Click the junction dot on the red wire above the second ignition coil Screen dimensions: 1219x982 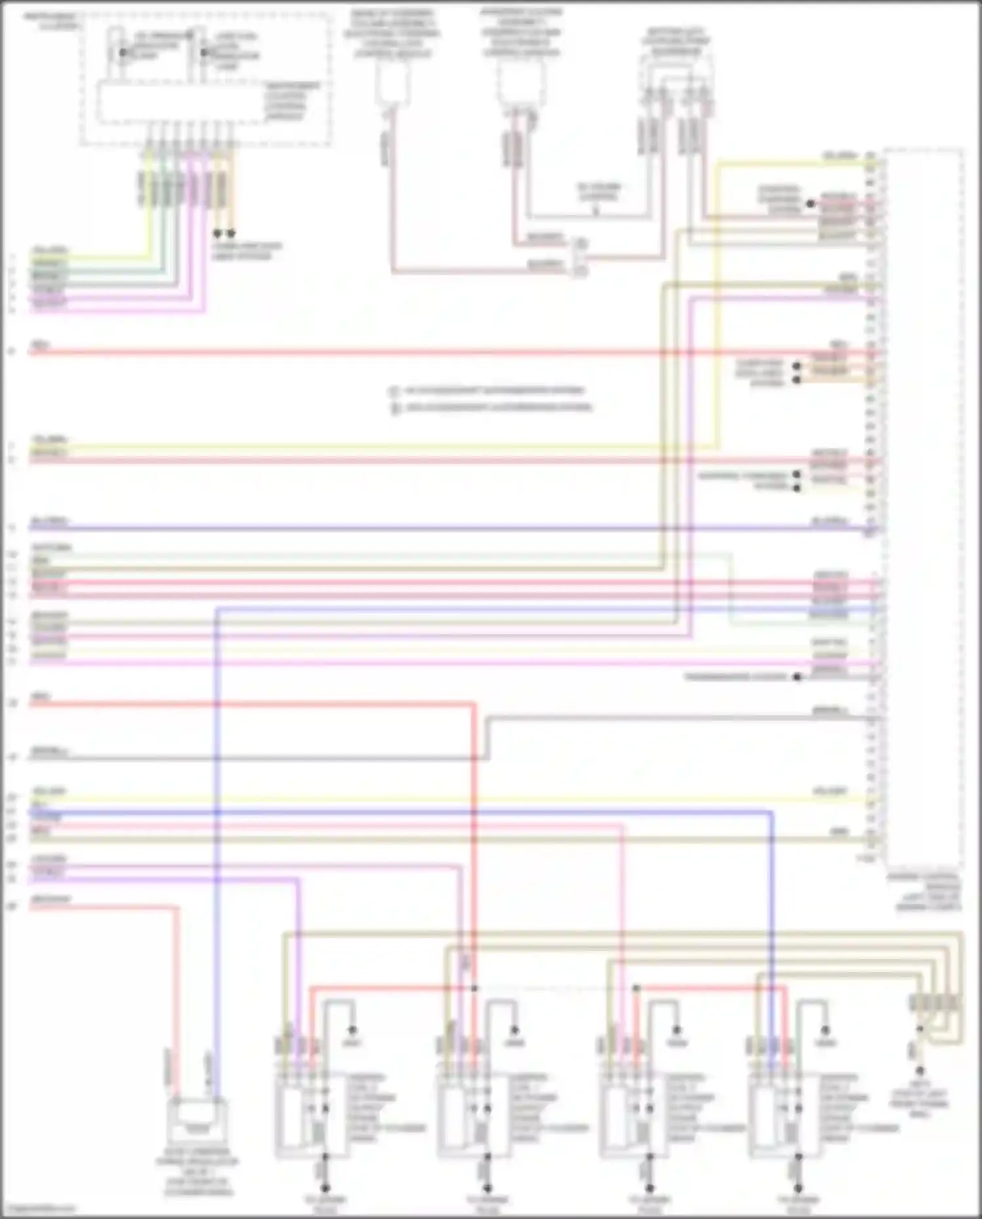475,988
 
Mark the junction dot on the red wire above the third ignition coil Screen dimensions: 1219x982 636,988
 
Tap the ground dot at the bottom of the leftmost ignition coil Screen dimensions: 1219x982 325,1188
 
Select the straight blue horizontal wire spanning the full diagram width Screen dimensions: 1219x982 393,528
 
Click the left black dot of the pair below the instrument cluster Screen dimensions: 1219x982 217,233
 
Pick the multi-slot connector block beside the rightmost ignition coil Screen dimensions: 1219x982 936,1003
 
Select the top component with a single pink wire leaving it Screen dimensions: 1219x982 393,85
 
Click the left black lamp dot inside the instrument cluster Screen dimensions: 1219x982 122,52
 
